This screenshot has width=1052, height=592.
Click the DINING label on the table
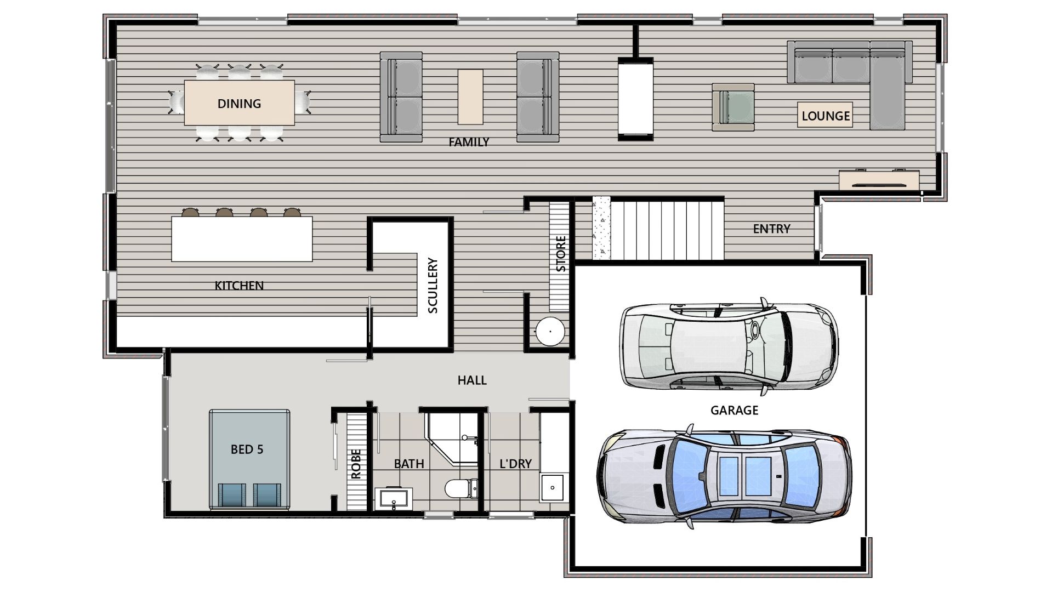coord(239,104)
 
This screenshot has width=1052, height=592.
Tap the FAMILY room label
coord(469,142)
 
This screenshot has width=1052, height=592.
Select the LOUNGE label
coord(826,116)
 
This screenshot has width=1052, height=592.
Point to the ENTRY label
coord(771,229)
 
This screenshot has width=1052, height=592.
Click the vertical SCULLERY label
coord(433,286)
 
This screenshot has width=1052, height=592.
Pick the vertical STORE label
coord(561,254)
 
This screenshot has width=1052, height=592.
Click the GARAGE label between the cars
coord(734,410)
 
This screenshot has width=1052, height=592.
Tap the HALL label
coord(472,380)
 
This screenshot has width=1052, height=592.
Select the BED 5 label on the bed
coord(247,449)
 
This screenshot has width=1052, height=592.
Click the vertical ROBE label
coord(356,464)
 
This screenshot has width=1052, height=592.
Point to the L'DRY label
coord(515,464)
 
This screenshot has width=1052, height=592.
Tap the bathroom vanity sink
coord(394,498)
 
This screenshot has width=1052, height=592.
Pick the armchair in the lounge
coord(733,107)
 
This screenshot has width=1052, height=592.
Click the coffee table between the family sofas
coord(471,96)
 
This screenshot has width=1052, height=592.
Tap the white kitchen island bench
coord(242,239)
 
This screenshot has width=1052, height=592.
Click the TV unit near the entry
coord(879,180)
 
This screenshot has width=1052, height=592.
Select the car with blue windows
coord(724,476)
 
